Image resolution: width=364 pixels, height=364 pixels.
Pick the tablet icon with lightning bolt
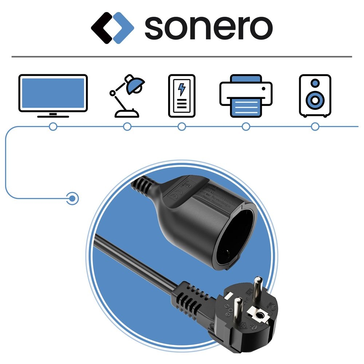182,96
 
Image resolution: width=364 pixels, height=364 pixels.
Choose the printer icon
246,95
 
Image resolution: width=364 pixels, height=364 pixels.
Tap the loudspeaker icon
315,96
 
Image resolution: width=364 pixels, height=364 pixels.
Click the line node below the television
53,127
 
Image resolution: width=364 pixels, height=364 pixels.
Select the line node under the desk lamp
127,127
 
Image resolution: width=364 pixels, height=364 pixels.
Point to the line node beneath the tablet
182,127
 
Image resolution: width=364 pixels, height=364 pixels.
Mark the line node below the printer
246,127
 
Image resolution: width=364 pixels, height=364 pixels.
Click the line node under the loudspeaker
315,127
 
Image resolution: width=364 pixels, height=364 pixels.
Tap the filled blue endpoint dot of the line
73,198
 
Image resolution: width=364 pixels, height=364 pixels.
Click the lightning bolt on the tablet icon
181,90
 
